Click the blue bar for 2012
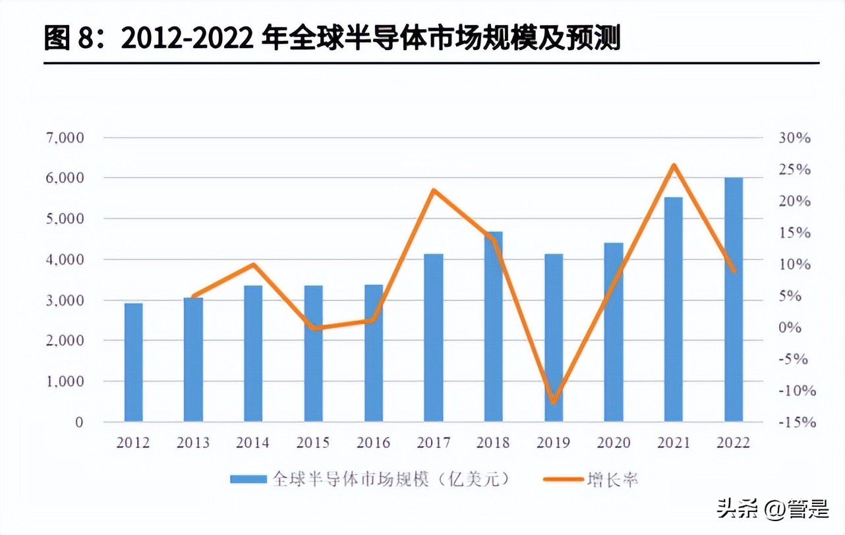[133, 362]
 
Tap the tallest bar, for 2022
[734, 300]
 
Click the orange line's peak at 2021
[674, 165]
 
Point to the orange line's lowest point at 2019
[553, 402]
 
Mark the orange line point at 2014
[253, 265]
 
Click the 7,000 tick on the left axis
[65, 138]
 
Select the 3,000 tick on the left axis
[65, 300]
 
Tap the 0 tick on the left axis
[79, 422]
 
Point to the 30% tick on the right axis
[794, 138]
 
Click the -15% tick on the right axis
[797, 422]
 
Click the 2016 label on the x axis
[373, 442]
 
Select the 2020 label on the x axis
[613, 442]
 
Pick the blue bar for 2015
[313, 354]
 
